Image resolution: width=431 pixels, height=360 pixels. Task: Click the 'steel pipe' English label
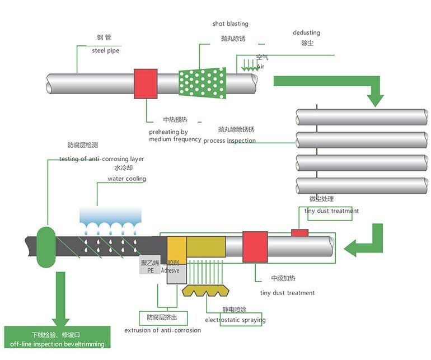105,50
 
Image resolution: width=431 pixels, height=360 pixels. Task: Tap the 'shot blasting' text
230,24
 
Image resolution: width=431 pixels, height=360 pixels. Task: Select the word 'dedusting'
306,32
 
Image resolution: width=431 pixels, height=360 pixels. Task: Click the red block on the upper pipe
146,83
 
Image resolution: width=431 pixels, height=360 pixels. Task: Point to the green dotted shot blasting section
202,83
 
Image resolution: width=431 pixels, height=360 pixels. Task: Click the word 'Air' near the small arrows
260,67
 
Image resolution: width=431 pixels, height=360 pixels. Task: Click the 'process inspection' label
229,141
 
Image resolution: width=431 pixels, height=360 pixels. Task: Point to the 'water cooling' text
127,179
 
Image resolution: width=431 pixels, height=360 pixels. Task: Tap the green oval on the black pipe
46,246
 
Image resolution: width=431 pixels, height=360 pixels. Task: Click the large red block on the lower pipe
255,246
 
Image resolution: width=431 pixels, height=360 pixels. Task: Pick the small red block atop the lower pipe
299,232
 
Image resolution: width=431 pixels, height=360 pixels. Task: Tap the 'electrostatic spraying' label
235,320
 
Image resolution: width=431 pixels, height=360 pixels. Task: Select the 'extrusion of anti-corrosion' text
162,330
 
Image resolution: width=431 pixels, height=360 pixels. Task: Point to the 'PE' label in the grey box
150,270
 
